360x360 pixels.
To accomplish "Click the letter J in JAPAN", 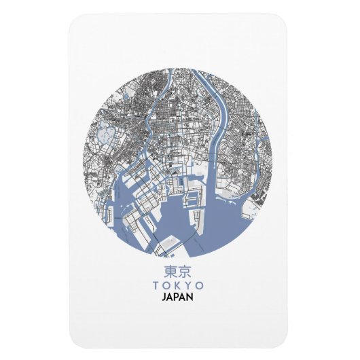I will pos(165,298).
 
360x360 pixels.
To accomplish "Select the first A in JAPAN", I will pos(171,298).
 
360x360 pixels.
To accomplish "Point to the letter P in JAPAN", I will pos(178,298).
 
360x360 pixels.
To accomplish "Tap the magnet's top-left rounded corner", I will pos(76,22).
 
